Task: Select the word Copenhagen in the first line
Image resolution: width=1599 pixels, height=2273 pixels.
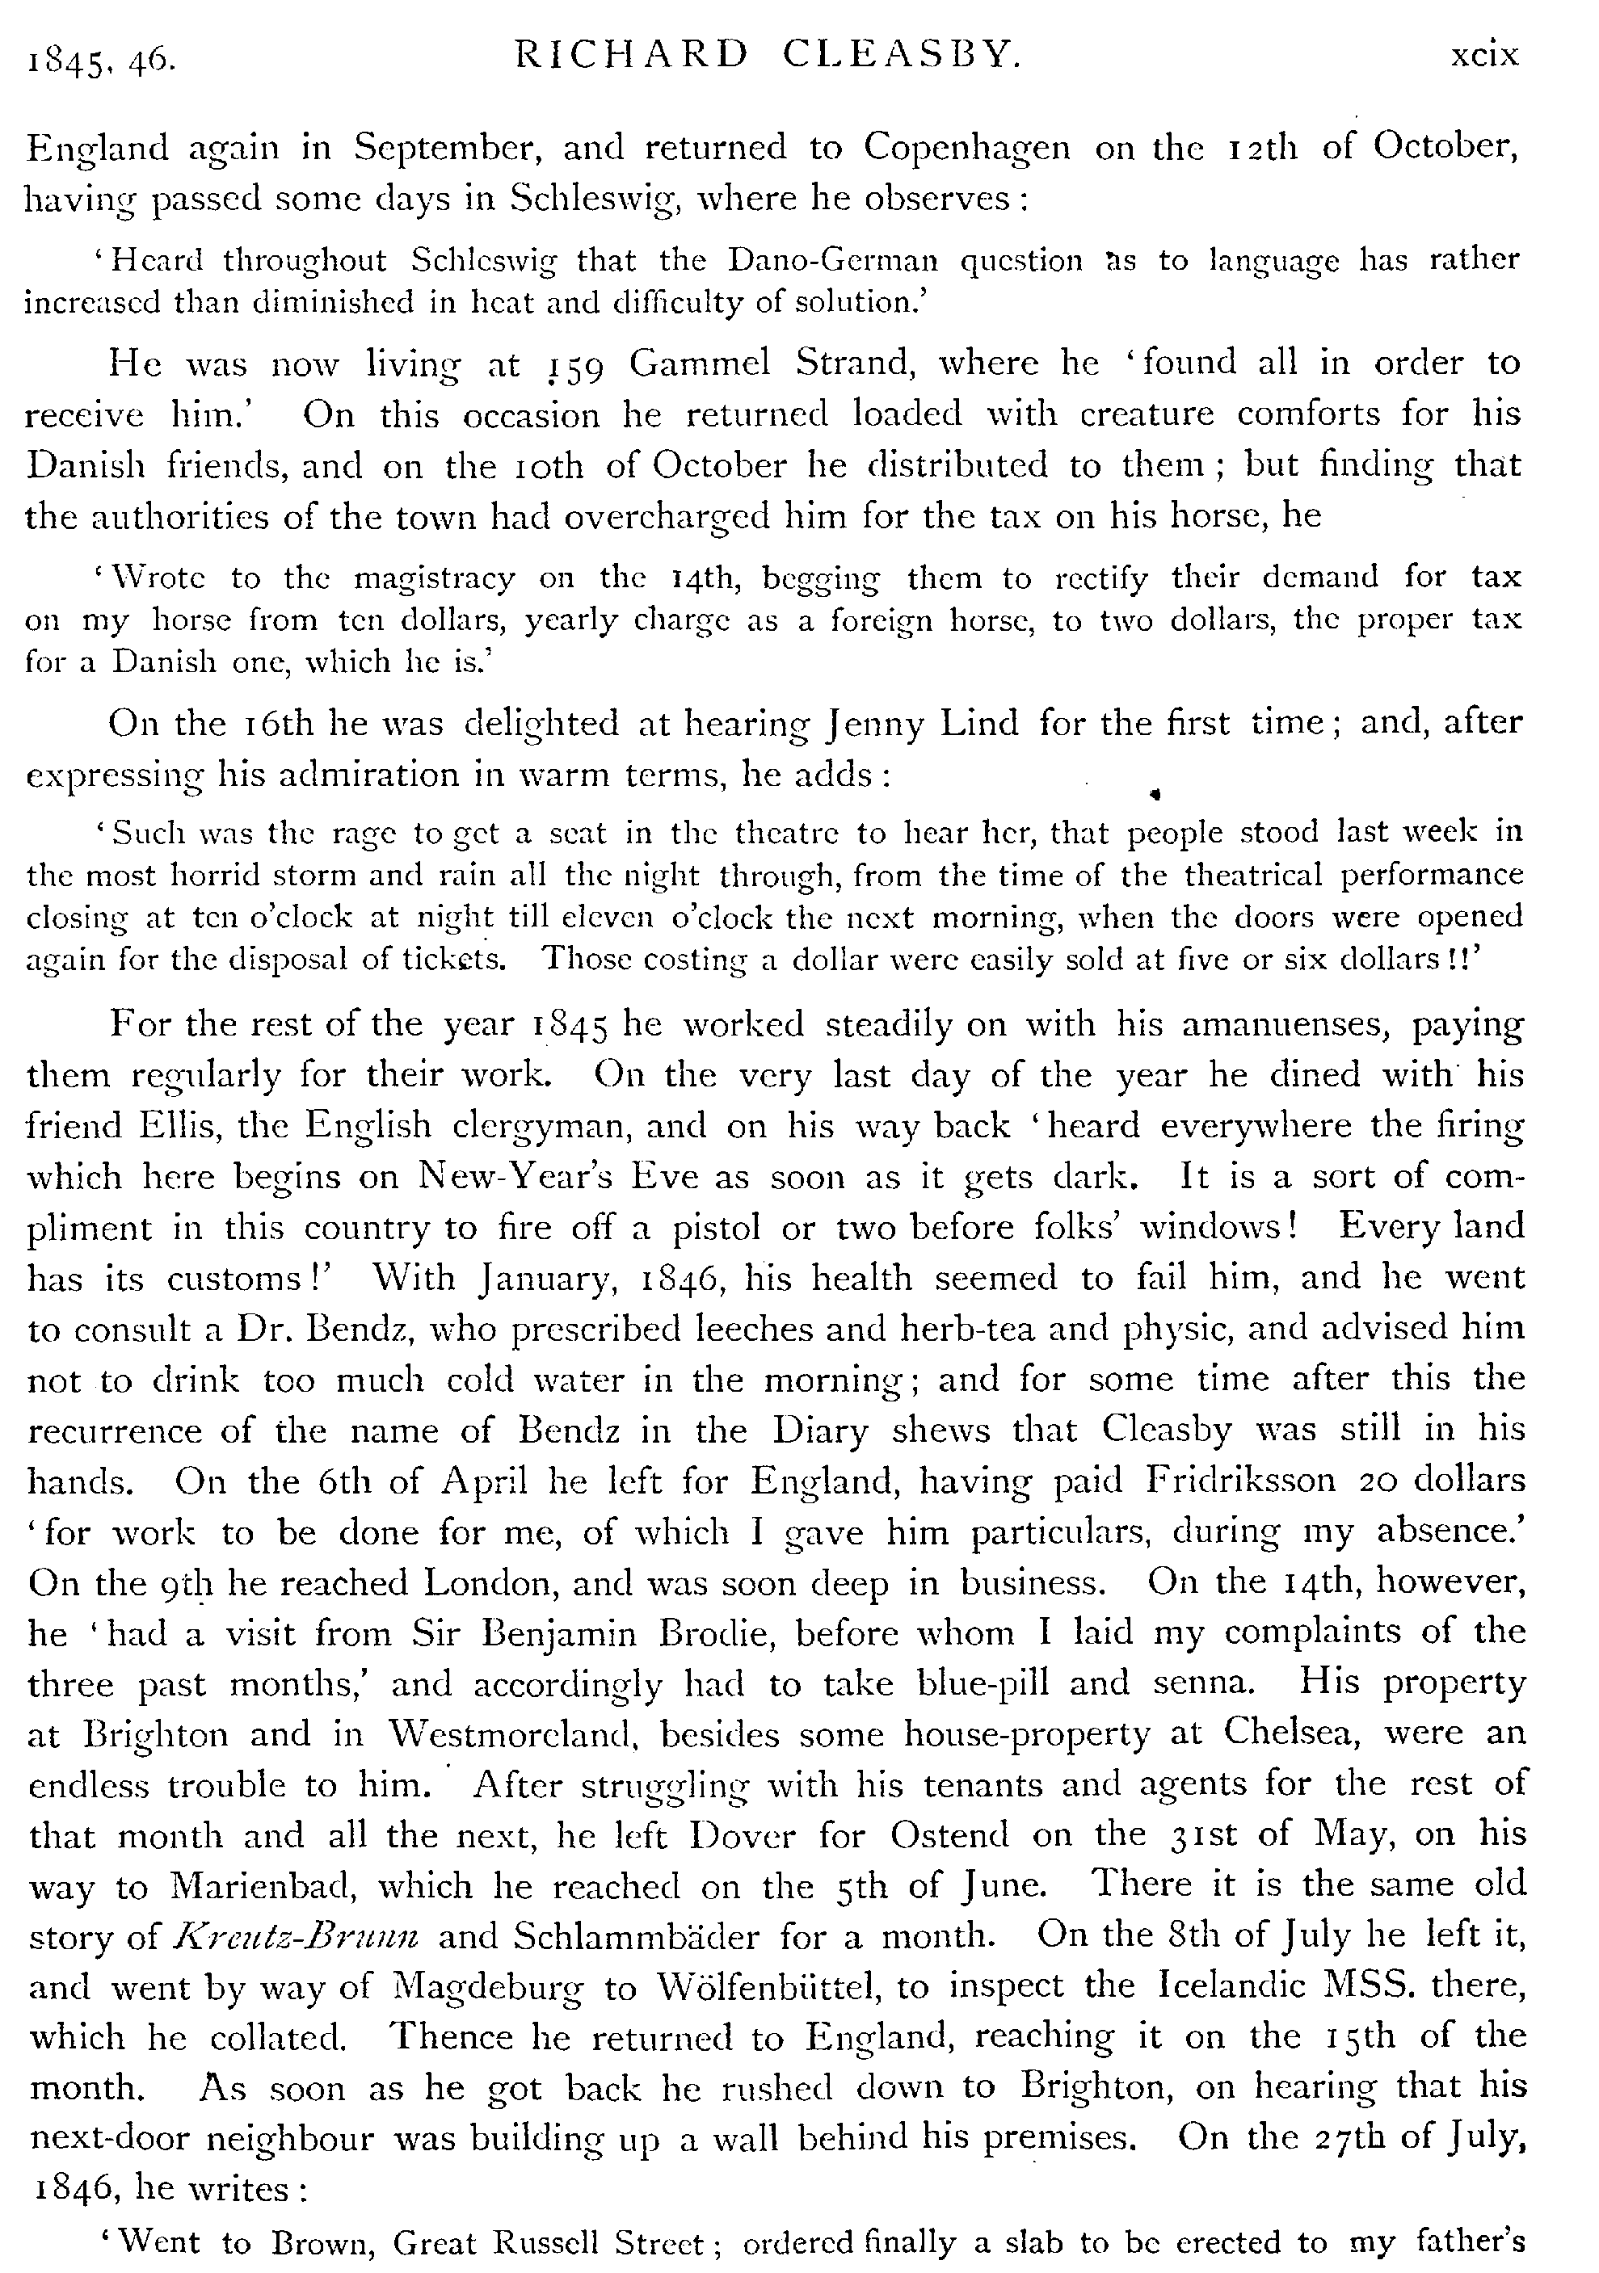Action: [x=966, y=148]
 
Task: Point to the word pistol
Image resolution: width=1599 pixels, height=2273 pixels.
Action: [x=717, y=1228]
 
